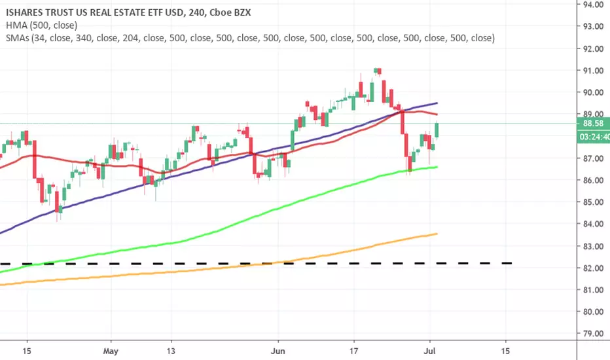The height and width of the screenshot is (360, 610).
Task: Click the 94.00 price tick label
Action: point(593,5)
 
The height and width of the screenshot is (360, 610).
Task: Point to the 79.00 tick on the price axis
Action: point(593,334)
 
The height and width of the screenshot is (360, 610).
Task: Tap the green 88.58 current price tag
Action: point(593,124)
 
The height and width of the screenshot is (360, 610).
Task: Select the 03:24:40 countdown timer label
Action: point(593,137)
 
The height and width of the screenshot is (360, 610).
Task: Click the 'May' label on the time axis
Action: point(111,351)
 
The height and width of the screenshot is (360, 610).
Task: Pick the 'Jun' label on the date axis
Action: point(278,351)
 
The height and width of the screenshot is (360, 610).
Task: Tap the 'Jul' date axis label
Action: point(429,351)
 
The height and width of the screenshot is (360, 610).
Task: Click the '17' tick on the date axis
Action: point(353,351)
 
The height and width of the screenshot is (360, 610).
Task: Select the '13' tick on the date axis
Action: point(171,351)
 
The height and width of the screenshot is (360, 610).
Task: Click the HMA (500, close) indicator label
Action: point(42,26)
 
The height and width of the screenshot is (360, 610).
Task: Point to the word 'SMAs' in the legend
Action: point(18,38)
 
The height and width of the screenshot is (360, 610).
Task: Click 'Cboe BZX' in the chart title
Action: point(230,12)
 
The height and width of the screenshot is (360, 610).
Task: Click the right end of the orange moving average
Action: point(437,234)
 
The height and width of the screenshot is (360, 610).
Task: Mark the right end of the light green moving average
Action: point(437,167)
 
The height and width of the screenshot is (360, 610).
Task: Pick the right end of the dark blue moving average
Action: point(437,103)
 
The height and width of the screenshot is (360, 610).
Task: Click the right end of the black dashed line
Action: point(511,264)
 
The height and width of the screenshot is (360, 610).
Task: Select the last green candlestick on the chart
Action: point(437,130)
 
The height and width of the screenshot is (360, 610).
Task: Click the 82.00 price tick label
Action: point(593,268)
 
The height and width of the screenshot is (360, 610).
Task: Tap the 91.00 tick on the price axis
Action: point(593,71)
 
